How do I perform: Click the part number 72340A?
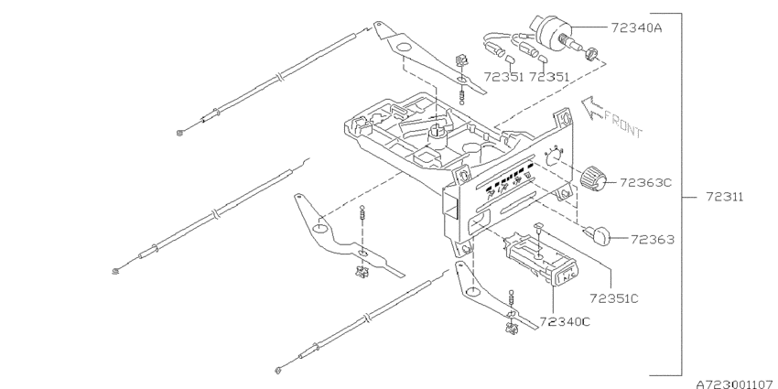637,27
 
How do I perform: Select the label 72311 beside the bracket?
725,197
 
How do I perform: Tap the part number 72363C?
645,182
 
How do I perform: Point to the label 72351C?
614,298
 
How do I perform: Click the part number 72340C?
565,322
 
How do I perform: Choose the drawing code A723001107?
736,384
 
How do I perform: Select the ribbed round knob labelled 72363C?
593,178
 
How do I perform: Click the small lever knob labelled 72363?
599,234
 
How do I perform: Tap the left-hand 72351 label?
503,77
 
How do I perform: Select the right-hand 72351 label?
550,77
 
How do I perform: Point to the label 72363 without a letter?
653,240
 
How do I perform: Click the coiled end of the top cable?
181,132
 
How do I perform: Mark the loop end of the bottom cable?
279,370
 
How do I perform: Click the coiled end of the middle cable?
116,271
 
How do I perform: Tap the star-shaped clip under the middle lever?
362,273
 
